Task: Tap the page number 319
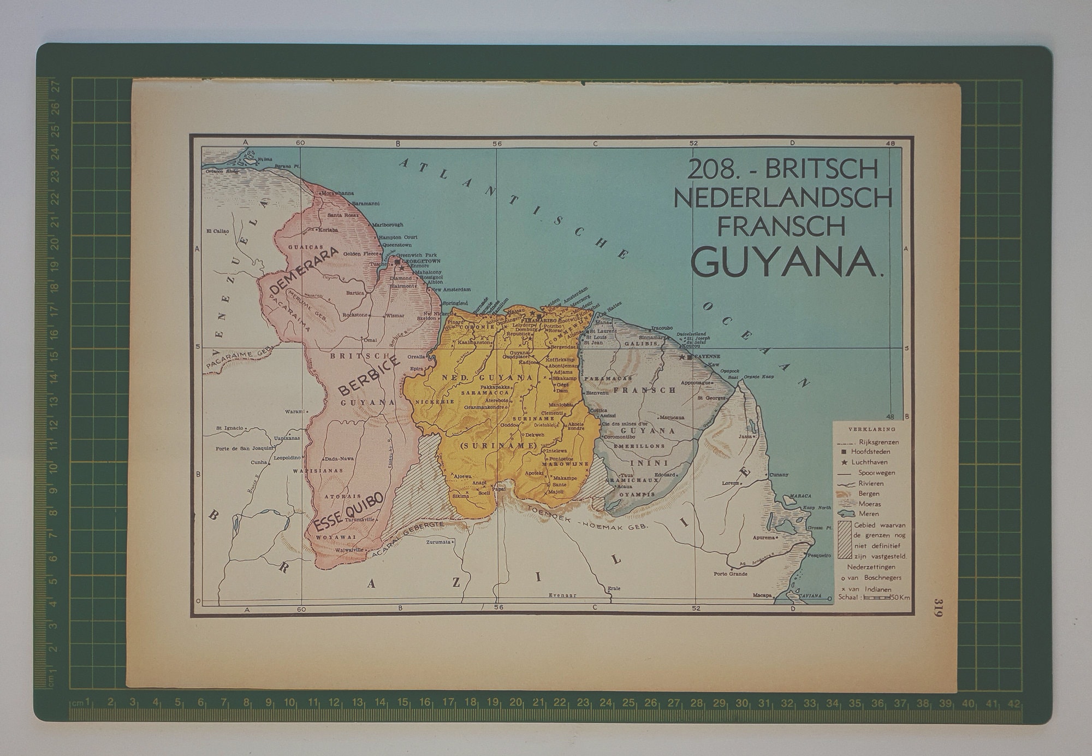[937, 607]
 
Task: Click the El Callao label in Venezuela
[217, 231]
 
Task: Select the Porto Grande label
[731, 574]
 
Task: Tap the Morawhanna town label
[339, 193]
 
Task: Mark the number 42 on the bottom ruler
[1013, 704]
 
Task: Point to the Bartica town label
[355, 293]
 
